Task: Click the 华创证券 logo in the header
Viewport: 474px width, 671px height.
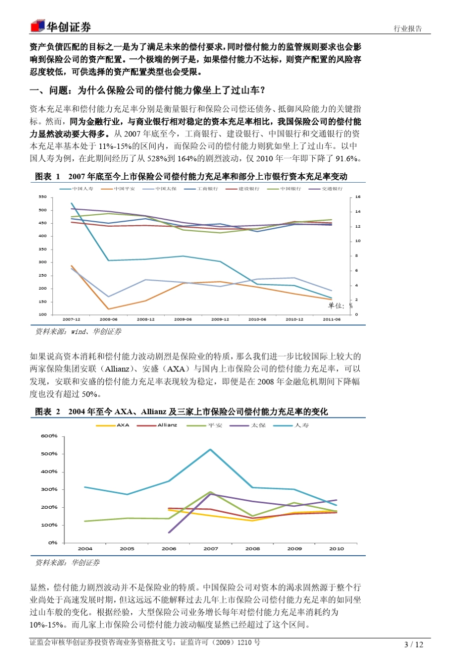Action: (x=60, y=26)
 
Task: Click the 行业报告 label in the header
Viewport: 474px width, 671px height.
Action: (x=408, y=28)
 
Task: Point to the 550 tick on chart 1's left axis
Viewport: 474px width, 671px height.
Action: (x=42, y=197)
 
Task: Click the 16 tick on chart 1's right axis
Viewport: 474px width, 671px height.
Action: (x=358, y=197)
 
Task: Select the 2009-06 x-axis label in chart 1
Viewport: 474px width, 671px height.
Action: (x=183, y=319)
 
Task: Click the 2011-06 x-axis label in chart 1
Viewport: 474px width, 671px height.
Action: (x=332, y=319)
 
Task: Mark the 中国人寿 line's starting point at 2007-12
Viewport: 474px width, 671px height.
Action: (x=71, y=203)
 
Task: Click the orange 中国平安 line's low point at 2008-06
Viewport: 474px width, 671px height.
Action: (x=108, y=309)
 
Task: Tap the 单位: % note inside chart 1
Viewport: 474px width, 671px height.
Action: (x=340, y=306)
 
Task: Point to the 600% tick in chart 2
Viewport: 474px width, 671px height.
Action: (x=49, y=436)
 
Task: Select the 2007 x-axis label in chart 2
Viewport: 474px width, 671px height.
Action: (x=211, y=549)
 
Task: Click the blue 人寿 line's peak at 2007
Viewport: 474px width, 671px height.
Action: (x=211, y=449)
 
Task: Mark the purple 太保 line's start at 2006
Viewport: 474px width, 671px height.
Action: (x=169, y=532)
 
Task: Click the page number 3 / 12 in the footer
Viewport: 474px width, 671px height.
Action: (x=414, y=645)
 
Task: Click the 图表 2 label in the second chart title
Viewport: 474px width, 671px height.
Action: (x=47, y=412)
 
